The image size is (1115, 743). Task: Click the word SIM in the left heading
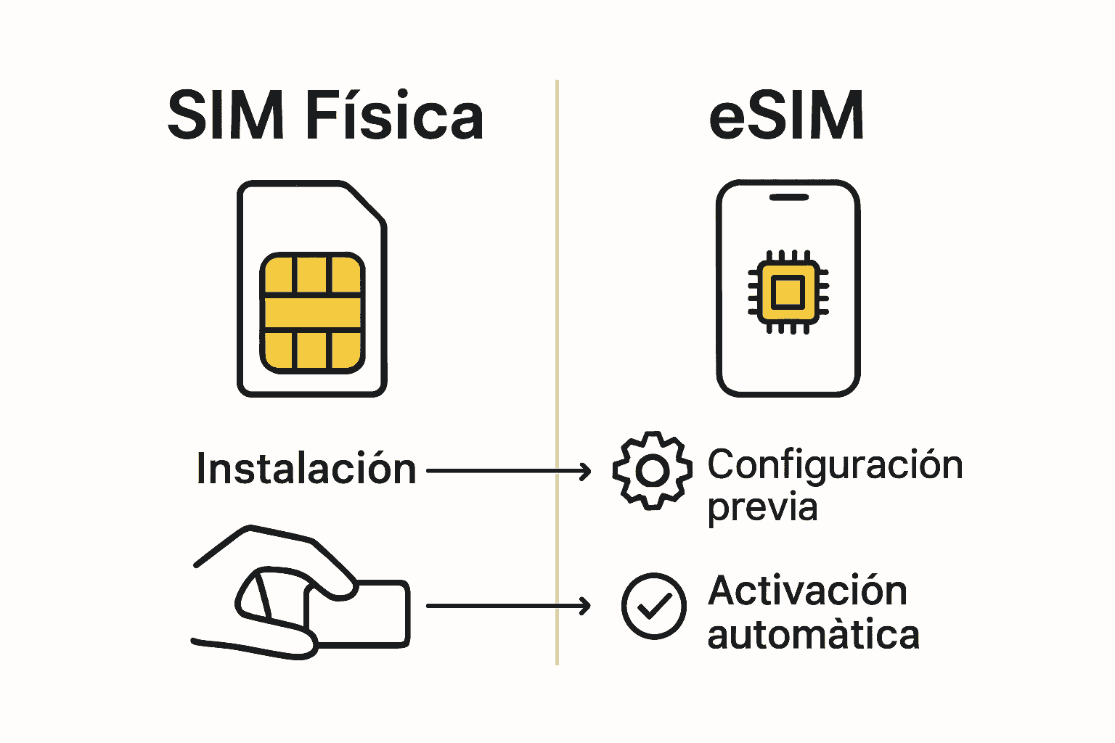tap(225, 116)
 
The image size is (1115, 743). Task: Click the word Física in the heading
tap(394, 116)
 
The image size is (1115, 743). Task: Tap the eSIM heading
tap(786, 116)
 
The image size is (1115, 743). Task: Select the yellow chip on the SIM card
tap(312, 313)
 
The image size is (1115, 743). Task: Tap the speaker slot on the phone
tap(788, 197)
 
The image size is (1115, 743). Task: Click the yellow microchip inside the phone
tap(788, 292)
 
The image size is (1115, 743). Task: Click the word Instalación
tap(306, 469)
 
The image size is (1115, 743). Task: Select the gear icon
tap(652, 470)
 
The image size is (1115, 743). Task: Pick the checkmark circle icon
tap(653, 606)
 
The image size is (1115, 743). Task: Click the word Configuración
tap(835, 465)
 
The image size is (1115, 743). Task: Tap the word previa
tap(762, 507)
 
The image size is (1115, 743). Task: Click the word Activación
tap(807, 591)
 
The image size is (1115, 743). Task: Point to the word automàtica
tap(813, 635)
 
